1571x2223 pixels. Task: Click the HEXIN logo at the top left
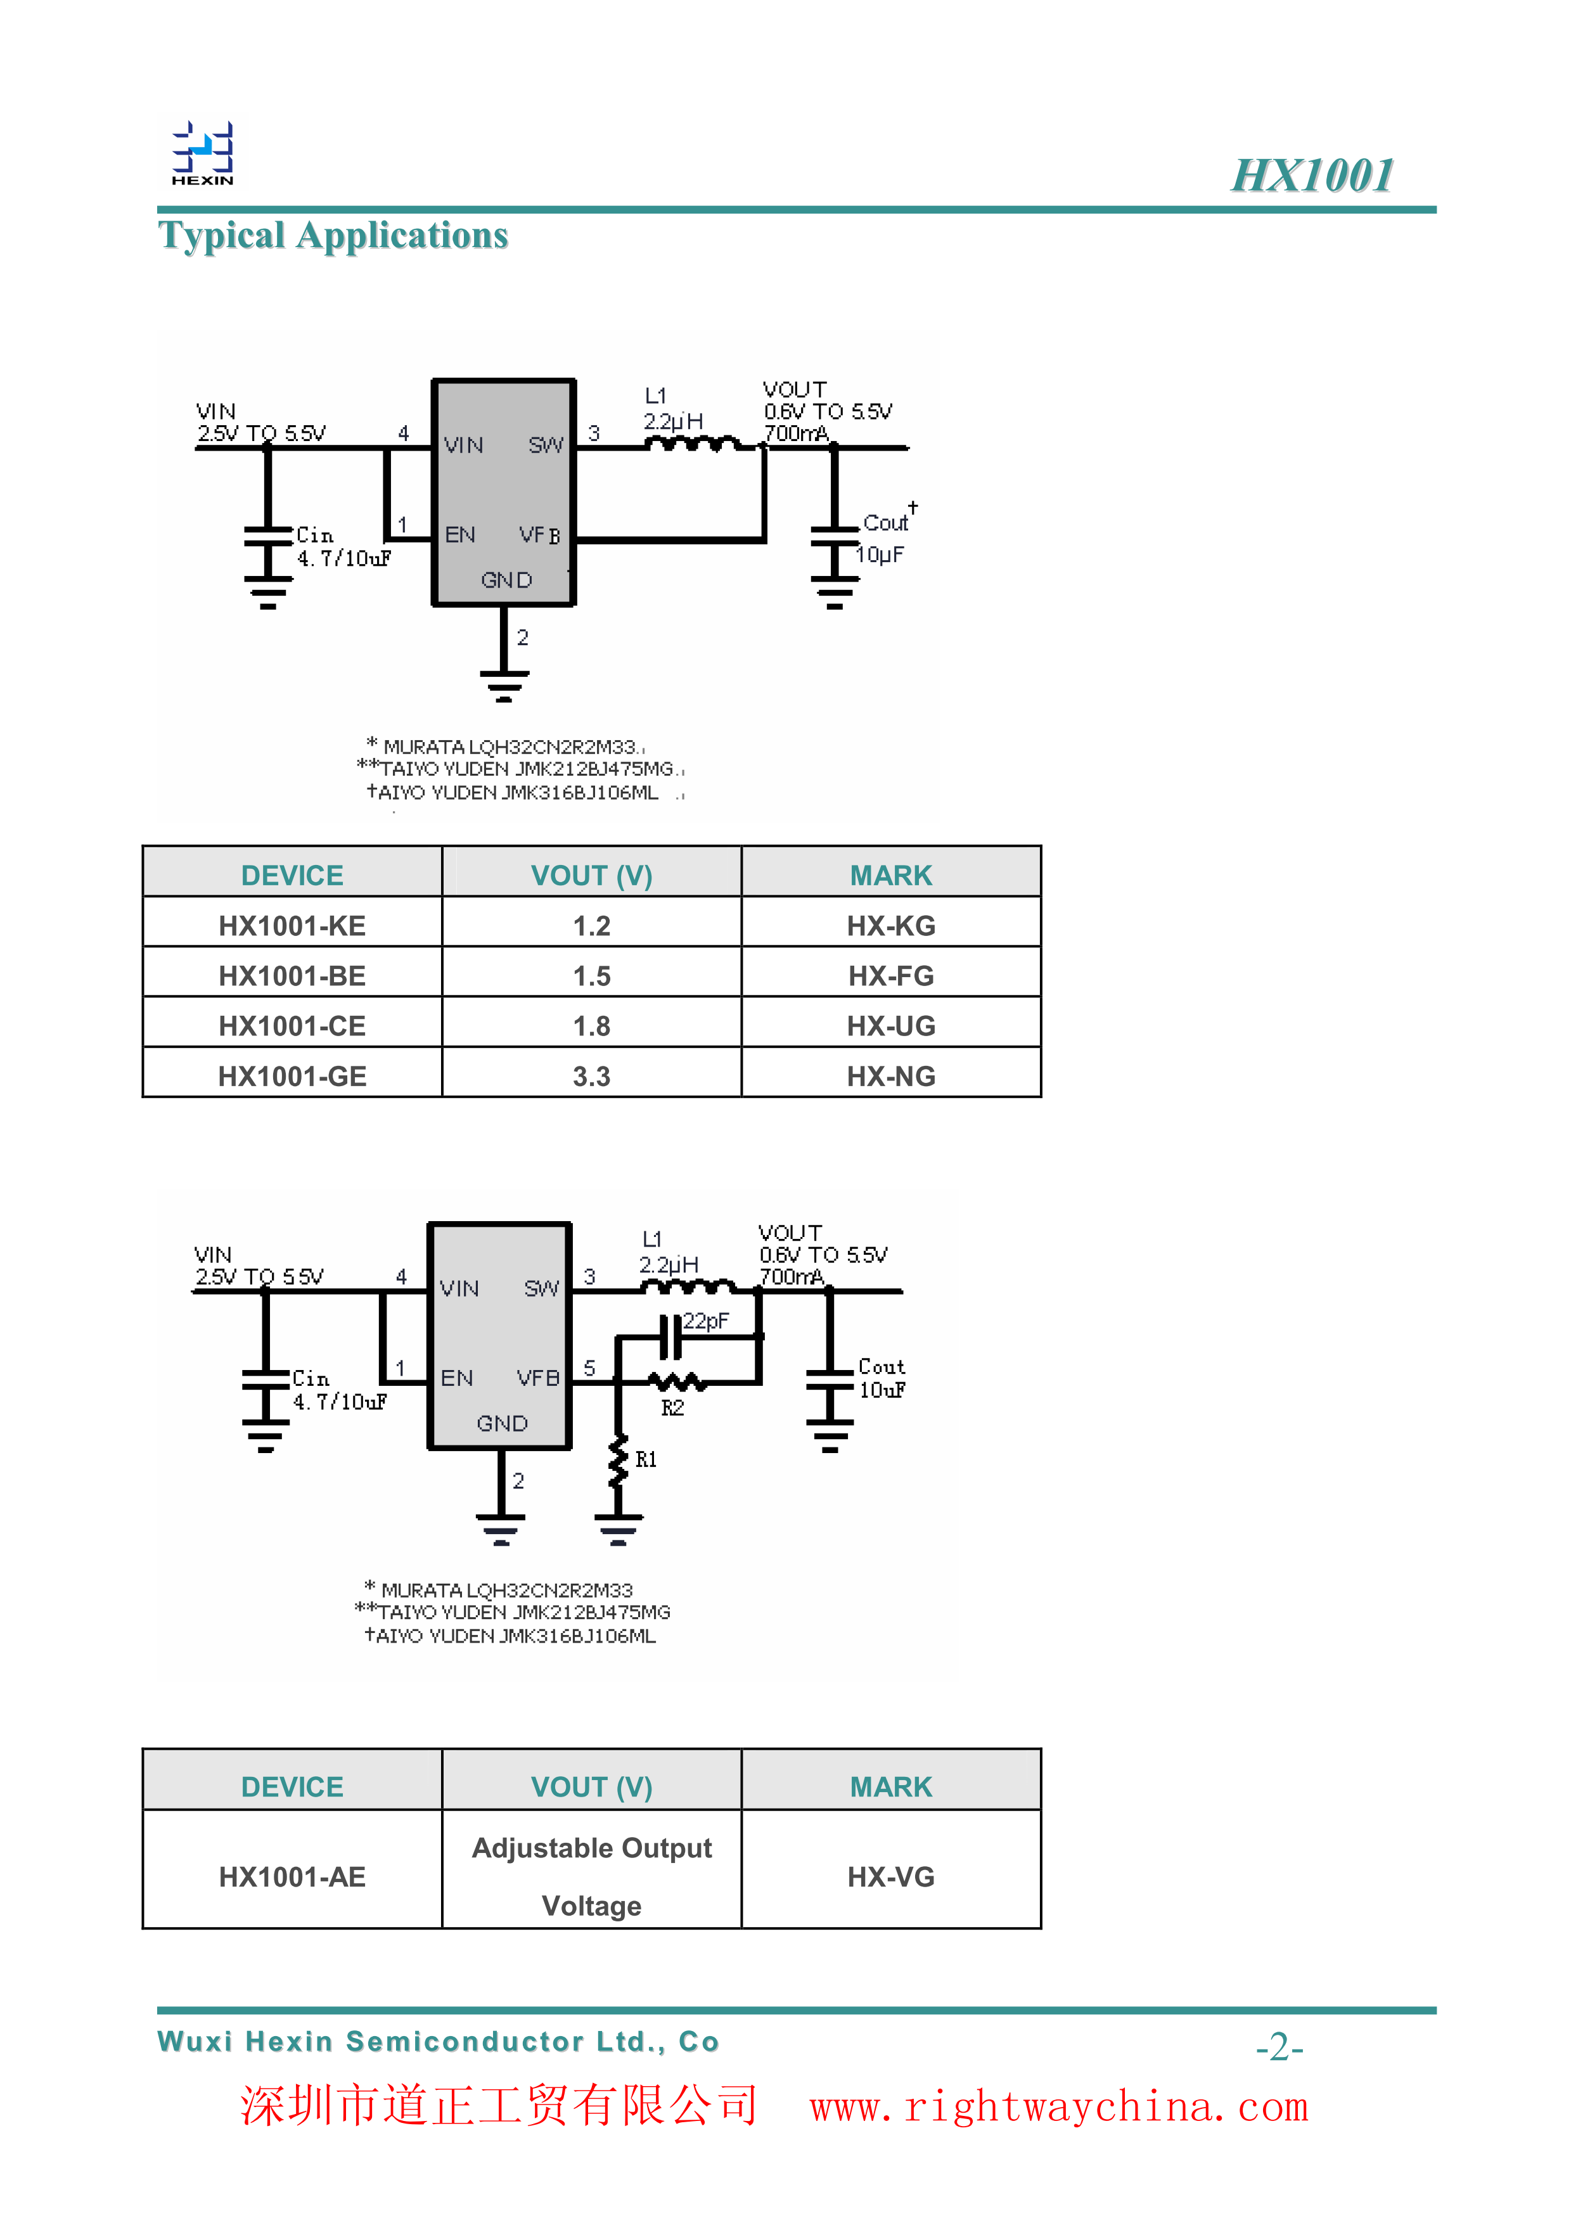click(202, 153)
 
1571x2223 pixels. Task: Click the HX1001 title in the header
click(1312, 176)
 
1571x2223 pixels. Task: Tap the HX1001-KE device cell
click(292, 926)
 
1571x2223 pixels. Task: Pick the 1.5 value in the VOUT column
click(591, 976)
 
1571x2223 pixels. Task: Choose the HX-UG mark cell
click(890, 1027)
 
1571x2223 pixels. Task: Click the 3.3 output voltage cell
click(591, 1077)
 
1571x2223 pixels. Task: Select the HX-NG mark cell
click(890, 1077)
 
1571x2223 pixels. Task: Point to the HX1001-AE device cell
click(292, 1878)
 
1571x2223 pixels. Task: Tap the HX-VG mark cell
click(890, 1878)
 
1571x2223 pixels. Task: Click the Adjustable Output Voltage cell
click(591, 1878)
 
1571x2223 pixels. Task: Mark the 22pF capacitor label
click(705, 1321)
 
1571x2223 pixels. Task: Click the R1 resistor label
click(646, 1459)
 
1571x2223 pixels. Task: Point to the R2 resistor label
click(673, 1408)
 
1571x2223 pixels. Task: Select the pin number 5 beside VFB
click(589, 1368)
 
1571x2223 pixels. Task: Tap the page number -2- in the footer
click(1279, 2047)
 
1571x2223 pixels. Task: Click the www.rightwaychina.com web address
click(1059, 2107)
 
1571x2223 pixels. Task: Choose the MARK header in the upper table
click(890, 875)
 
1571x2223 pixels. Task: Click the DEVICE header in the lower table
click(292, 1786)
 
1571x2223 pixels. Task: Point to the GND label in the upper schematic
click(506, 580)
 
